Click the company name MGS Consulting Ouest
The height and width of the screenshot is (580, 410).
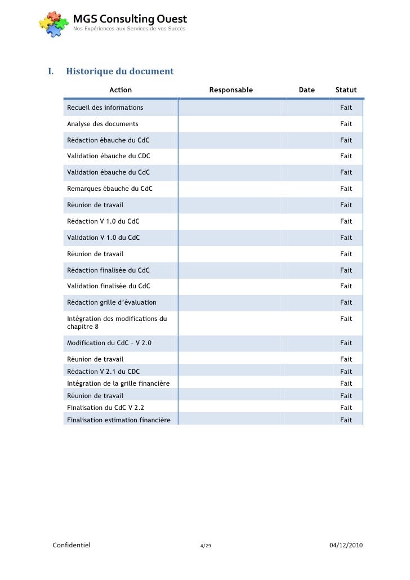click(x=130, y=20)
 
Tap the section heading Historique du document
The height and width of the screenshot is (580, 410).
click(x=119, y=72)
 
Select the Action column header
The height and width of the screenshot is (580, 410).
click(x=121, y=90)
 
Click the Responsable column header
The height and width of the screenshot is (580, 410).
click(x=231, y=90)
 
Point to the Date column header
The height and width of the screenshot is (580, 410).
click(x=306, y=90)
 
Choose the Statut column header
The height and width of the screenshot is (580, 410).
click(x=346, y=90)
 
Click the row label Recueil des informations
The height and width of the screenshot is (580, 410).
click(x=105, y=108)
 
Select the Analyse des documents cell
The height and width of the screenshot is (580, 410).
click(x=102, y=124)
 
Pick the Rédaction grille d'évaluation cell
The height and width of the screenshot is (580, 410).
click(x=112, y=302)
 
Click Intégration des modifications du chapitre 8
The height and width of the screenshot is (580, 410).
click(x=117, y=323)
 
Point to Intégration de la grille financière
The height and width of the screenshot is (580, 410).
click(x=118, y=383)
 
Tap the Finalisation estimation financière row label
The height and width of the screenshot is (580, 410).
click(x=119, y=420)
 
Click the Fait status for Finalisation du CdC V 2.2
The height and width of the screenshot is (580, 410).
click(x=346, y=408)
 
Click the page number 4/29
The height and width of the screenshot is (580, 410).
click(x=205, y=546)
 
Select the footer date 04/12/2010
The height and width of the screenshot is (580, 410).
click(x=346, y=545)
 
